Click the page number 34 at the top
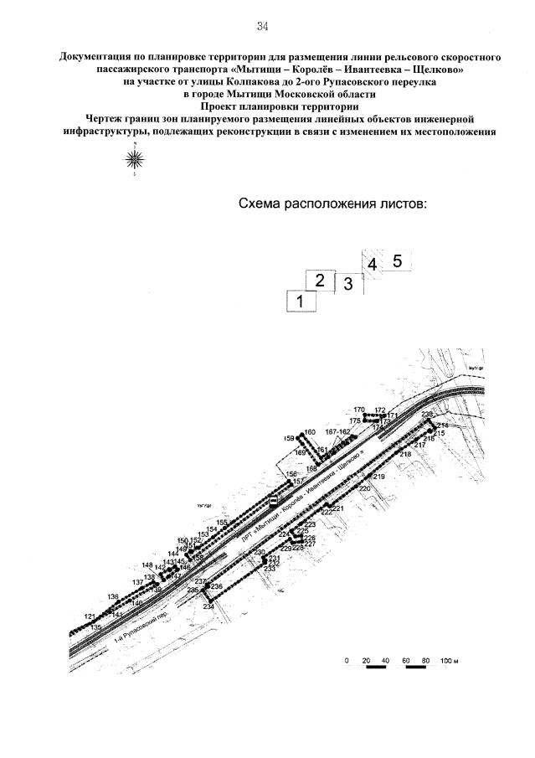click(x=262, y=26)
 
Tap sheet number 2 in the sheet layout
click(x=319, y=281)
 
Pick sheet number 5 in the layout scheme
click(x=397, y=261)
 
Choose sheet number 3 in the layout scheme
click(x=347, y=284)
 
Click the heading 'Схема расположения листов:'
click(x=333, y=204)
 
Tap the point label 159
click(x=290, y=438)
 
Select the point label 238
click(x=427, y=415)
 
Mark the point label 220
click(x=364, y=487)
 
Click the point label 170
click(x=359, y=410)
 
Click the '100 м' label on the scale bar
click(x=450, y=661)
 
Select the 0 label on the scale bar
click(x=347, y=661)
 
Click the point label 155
click(x=222, y=522)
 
